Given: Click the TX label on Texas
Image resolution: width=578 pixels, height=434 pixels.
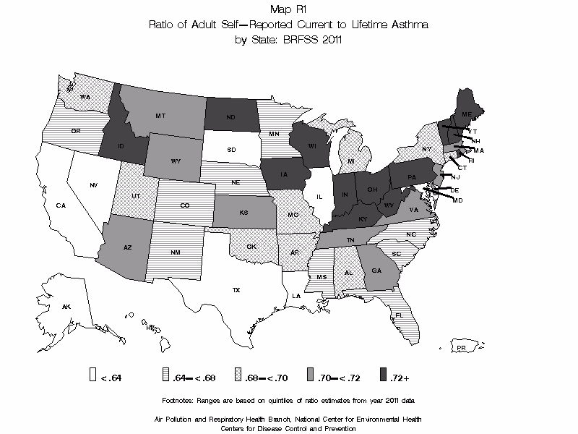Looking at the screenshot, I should pyautogui.click(x=236, y=290).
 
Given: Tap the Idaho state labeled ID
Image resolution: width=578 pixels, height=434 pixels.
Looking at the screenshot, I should pyautogui.click(x=121, y=146).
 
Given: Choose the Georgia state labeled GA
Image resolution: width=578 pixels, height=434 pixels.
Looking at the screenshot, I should pyautogui.click(x=376, y=270).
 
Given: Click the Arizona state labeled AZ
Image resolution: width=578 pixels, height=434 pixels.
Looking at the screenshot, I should pyautogui.click(x=127, y=247).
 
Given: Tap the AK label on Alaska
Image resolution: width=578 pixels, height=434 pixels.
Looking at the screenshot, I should pyautogui.click(x=66, y=307).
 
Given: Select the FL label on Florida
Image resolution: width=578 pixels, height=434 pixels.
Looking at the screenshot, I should pyautogui.click(x=398, y=315).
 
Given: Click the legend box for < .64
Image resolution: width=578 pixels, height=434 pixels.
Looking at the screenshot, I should pyautogui.click(x=92, y=375).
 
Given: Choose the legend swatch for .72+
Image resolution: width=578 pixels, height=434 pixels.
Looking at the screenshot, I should pyautogui.click(x=382, y=375).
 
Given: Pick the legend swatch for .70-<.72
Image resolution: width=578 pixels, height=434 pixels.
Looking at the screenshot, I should pyautogui.click(x=310, y=375).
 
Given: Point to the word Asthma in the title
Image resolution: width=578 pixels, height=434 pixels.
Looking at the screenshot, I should pyautogui.click(x=410, y=25).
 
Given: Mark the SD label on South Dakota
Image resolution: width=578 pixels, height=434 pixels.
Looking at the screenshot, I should pyautogui.click(x=231, y=150).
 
